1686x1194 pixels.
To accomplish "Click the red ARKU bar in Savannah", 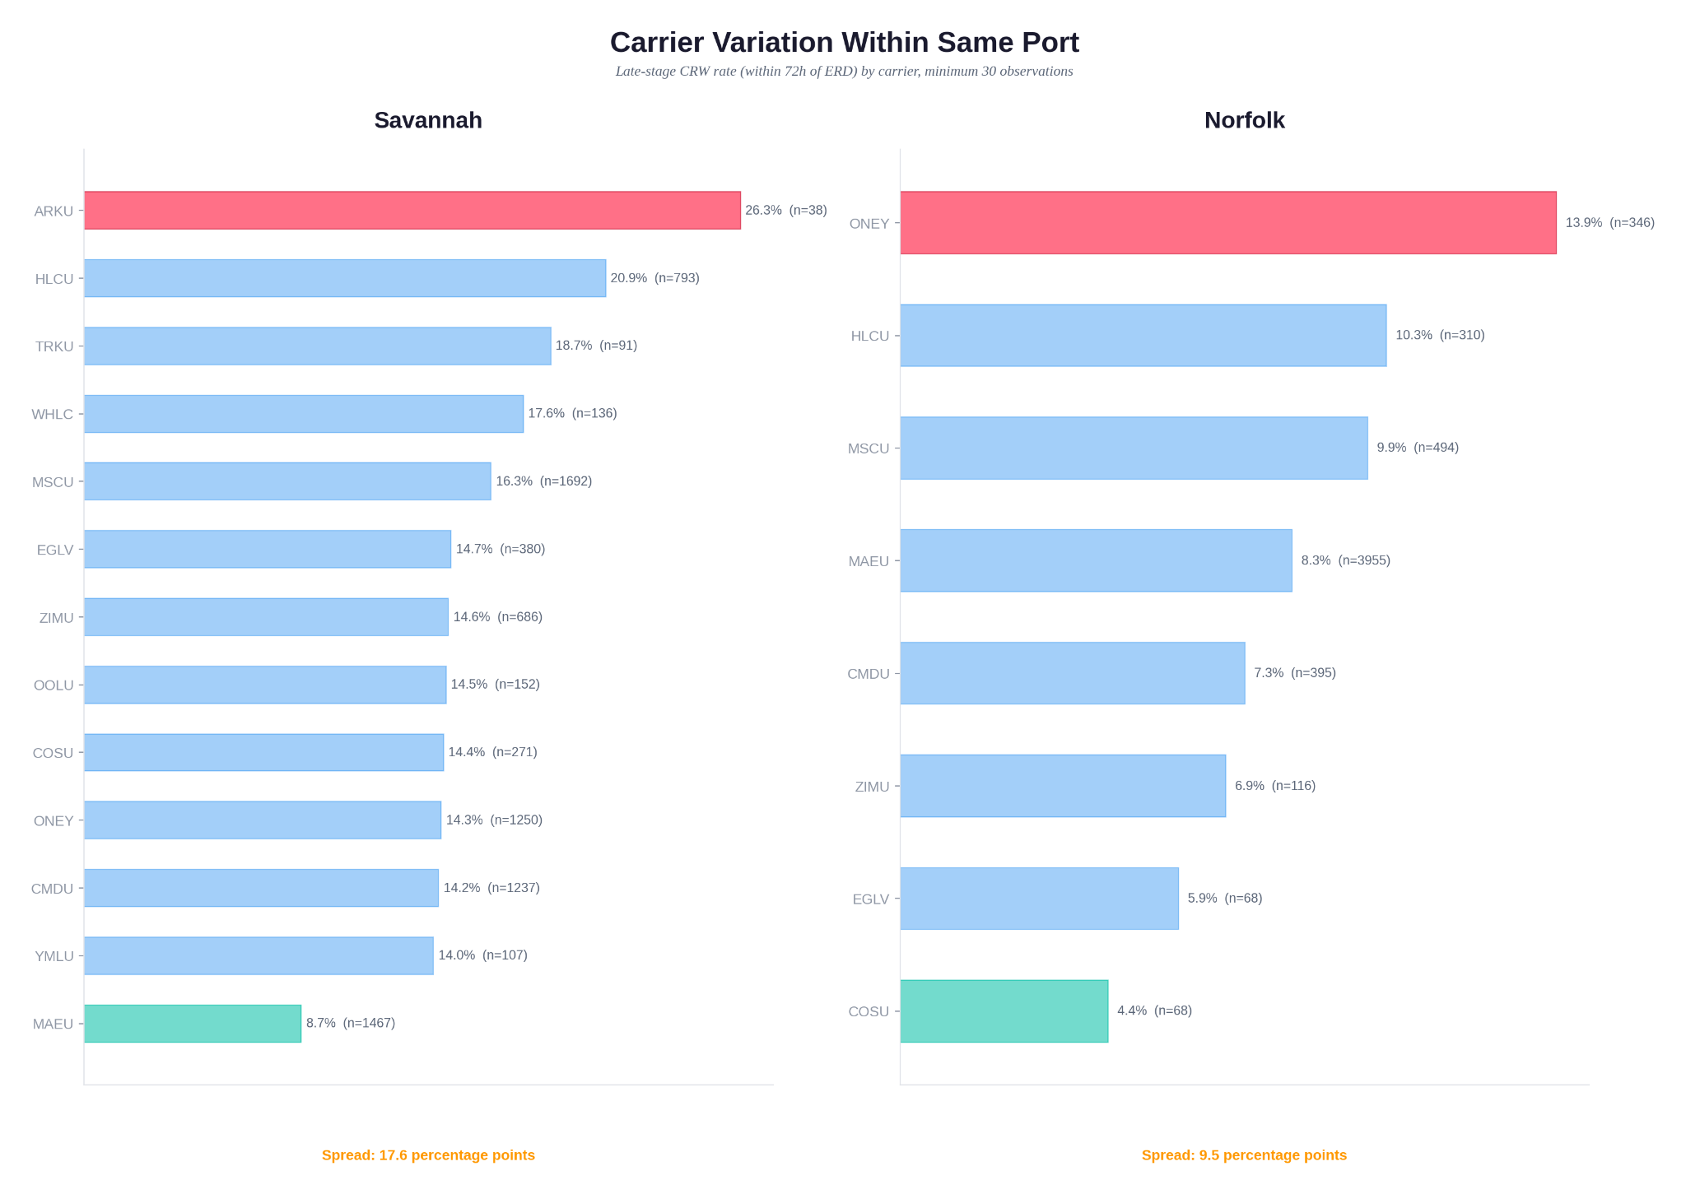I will tap(412, 211).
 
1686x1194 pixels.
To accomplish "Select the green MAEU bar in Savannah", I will tap(193, 1024).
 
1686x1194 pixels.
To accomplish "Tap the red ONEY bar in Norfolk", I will tap(1227, 223).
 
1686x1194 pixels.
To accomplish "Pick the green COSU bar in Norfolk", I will tap(1004, 1011).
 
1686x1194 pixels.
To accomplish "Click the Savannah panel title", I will tap(428, 120).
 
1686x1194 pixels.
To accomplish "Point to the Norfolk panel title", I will tap(1244, 120).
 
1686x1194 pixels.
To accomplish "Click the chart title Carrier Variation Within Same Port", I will tap(844, 43).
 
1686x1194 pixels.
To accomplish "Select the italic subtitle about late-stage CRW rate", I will tap(844, 72).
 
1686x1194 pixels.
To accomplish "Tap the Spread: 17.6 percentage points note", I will tap(428, 1155).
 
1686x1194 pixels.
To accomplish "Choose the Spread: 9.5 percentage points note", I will tap(1244, 1155).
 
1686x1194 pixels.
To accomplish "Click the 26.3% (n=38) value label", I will tap(785, 211).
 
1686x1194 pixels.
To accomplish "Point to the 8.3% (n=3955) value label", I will tap(1345, 560).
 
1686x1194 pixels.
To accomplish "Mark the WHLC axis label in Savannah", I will tap(53, 414).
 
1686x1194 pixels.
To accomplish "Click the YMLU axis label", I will tap(54, 956).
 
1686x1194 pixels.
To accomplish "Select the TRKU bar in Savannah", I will tap(317, 346).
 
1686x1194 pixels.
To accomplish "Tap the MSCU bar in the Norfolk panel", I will tap(1134, 448).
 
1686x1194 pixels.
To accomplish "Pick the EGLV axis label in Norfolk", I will tap(870, 899).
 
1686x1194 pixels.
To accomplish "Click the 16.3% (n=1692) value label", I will tap(543, 481).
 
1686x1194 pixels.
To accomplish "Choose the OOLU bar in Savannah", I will tap(265, 685).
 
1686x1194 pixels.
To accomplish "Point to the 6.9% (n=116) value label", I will tap(1274, 786).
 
